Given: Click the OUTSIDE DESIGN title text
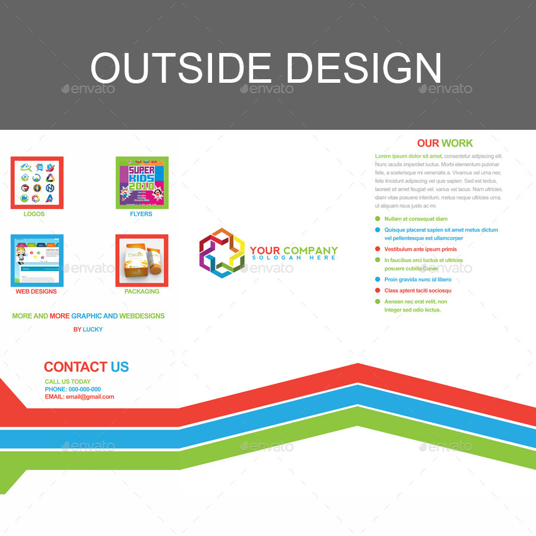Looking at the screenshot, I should (266, 67).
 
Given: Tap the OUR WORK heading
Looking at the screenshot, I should (445, 143).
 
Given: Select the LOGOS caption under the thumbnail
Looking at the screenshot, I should (34, 214).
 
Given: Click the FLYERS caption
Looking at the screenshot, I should (141, 214).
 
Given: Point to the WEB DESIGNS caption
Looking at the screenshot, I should (36, 291).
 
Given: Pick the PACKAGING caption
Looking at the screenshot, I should (142, 291).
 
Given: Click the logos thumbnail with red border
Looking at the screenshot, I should (37, 183).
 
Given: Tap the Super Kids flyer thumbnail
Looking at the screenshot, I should (142, 183).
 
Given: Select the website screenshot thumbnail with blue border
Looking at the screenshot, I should (37, 260).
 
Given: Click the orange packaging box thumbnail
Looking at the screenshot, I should (142, 260).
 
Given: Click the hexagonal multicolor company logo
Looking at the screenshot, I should (222, 253).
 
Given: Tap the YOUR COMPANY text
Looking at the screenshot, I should (294, 251).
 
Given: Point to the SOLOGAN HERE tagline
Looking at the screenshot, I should (294, 258).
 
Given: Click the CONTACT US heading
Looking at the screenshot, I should (86, 367).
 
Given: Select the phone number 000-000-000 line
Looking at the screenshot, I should (73, 389).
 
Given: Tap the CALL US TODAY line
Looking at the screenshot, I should (68, 382).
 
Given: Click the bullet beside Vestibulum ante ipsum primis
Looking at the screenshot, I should (378, 249).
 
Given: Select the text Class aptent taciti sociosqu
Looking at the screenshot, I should (417, 291).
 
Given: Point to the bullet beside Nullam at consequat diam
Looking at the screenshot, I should (378, 219).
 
